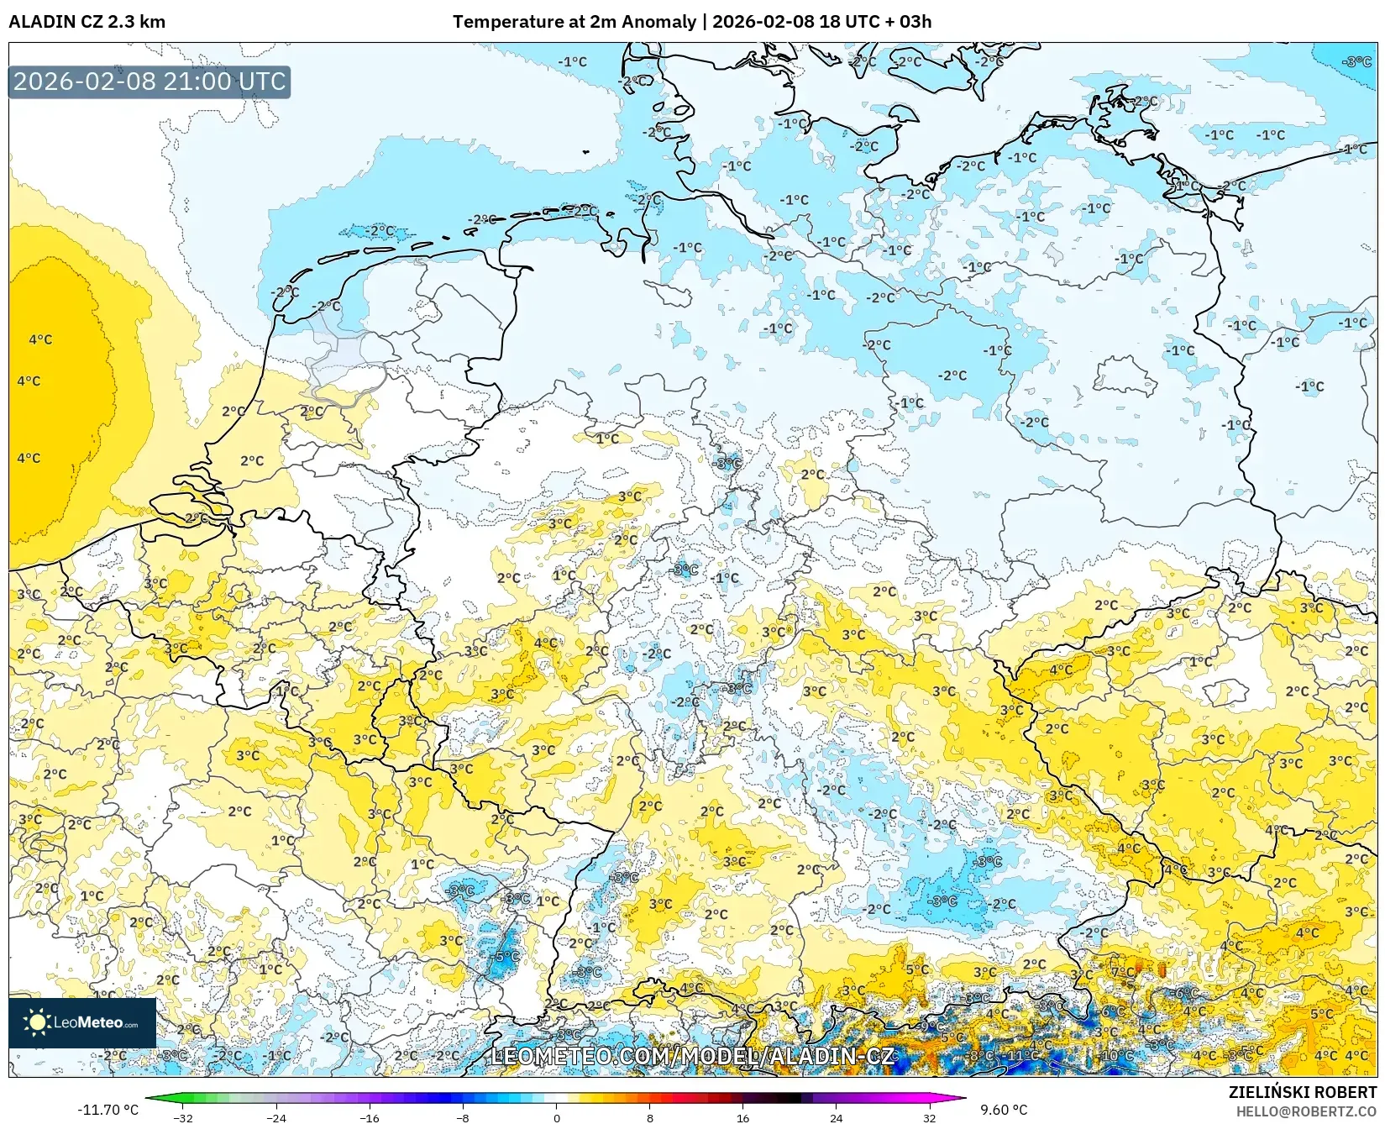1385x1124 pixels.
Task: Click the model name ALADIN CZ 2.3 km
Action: [87, 22]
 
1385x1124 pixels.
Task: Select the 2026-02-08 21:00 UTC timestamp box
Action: [150, 81]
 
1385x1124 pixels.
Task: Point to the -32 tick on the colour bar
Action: [183, 1117]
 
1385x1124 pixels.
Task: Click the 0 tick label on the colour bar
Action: [557, 1117]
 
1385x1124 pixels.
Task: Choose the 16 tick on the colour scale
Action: [742, 1117]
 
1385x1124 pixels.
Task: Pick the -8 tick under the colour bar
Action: [463, 1117]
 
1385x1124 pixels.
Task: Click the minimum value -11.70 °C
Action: [108, 1110]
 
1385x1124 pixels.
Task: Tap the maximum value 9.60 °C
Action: [1004, 1110]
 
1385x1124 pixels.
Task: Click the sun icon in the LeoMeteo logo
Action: [37, 1022]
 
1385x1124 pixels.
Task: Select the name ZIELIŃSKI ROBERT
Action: [1302, 1092]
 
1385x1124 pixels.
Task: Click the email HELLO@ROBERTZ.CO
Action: [1306, 1111]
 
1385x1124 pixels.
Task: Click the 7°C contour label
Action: [1123, 973]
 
